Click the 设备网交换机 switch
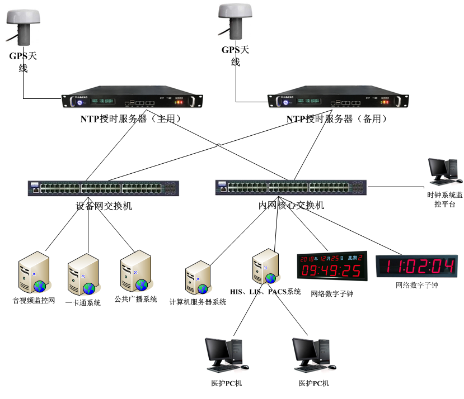coord(104,188)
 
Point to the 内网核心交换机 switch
coord(290,187)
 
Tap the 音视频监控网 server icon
coord(32,272)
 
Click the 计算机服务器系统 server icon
coord(198,277)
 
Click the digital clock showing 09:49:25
coord(331,265)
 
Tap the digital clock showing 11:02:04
coord(416,266)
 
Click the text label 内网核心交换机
coord(291,206)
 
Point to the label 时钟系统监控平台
coord(445,199)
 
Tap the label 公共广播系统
coord(135,299)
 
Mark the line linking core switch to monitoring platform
coord(395,187)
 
